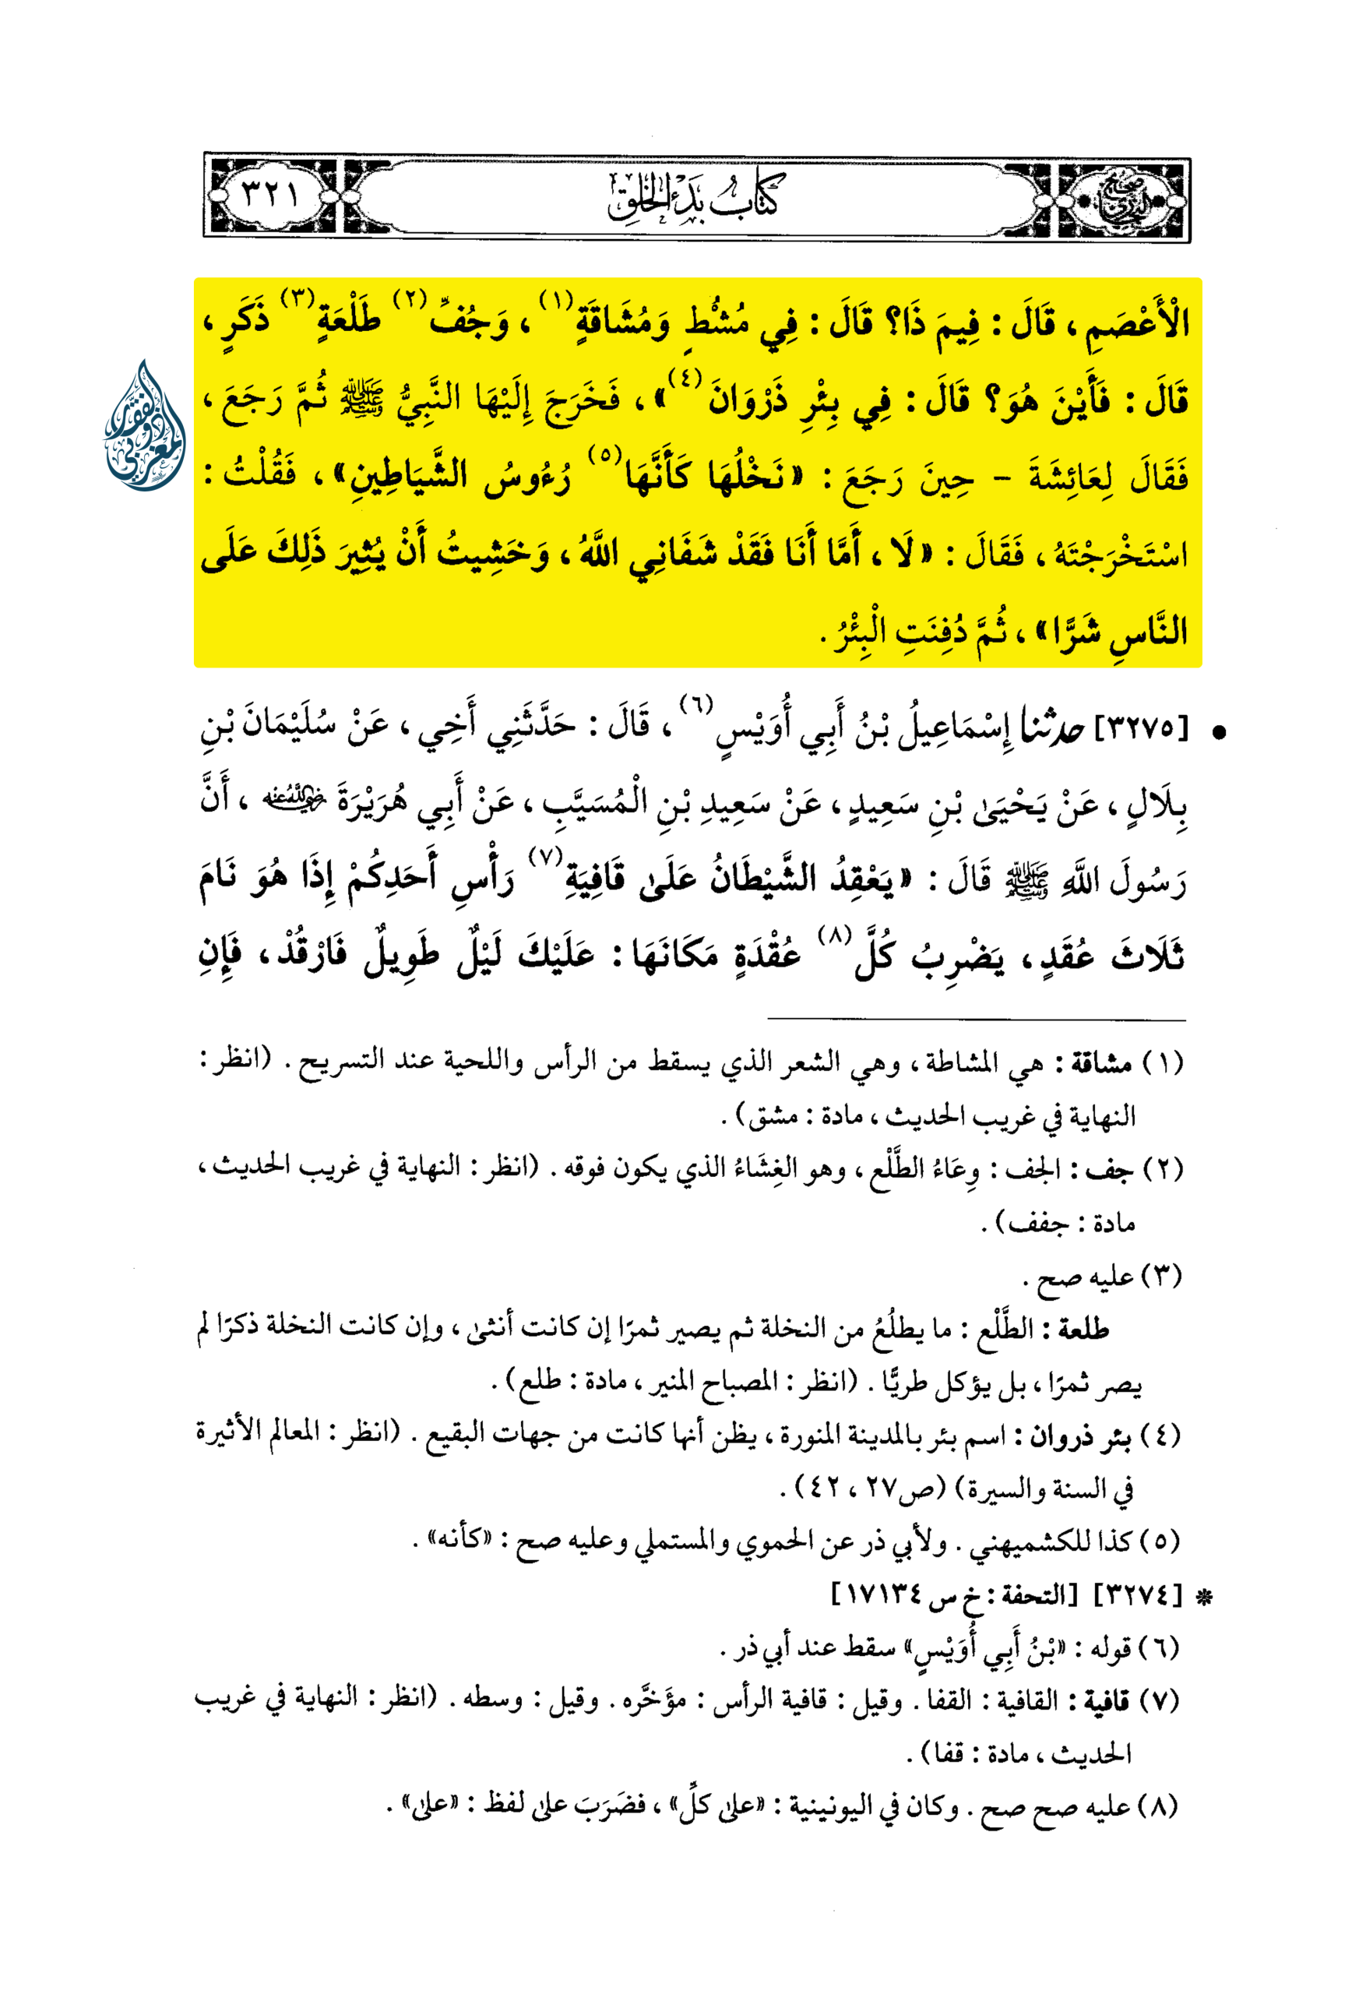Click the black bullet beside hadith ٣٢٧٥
pyautogui.click(x=1216, y=732)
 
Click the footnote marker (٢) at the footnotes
pyautogui.click(x=1164, y=1169)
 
